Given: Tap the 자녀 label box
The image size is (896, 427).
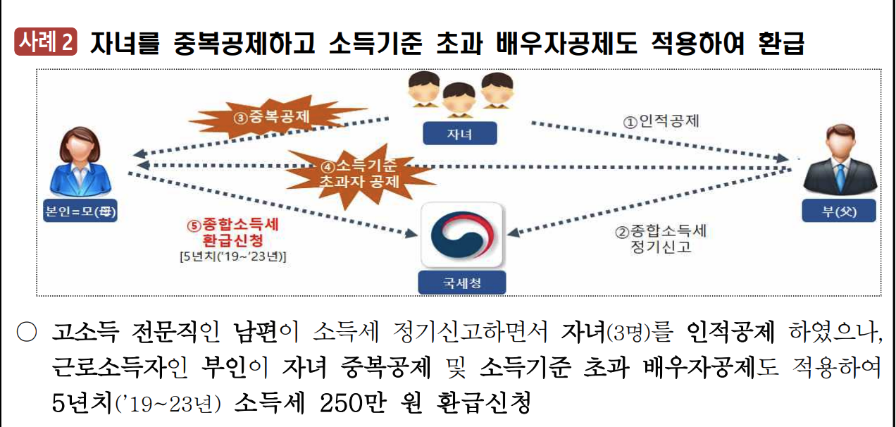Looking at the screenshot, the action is click(459, 134).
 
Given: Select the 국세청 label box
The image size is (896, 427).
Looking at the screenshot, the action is click(462, 283).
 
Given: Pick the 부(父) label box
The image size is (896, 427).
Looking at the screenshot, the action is click(839, 211).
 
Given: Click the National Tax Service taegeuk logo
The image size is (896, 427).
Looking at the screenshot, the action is click(462, 237).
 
